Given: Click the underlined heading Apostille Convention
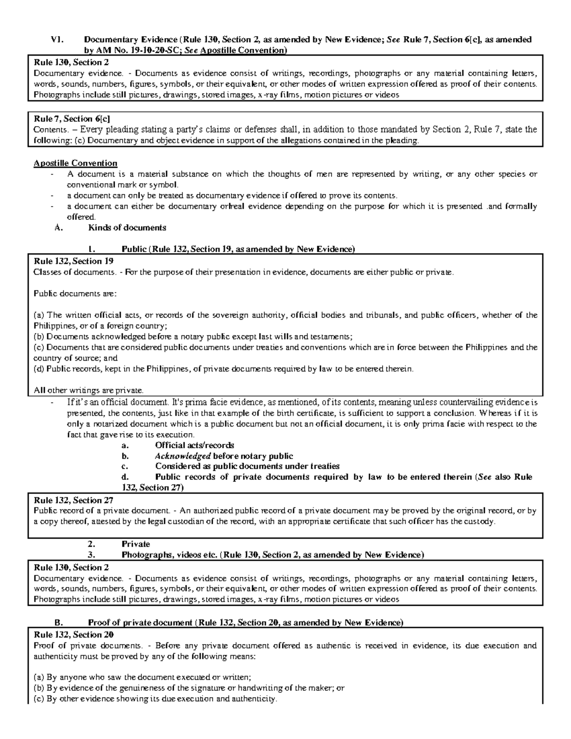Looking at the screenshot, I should [x=75, y=163].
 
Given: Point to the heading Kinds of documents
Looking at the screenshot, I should [x=127, y=227].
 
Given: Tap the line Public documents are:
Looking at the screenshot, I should [x=75, y=294].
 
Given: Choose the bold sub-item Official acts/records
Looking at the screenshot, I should [x=194, y=445].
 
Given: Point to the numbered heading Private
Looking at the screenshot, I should [x=136, y=544].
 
